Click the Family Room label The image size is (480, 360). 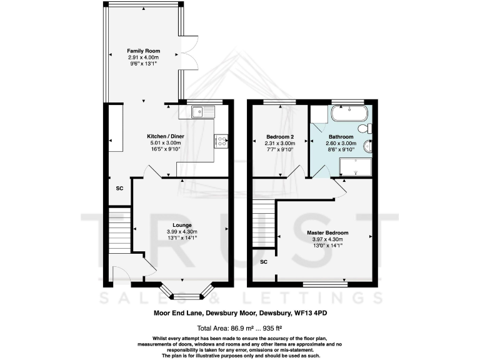coord(144,51)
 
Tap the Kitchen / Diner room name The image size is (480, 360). coord(164,136)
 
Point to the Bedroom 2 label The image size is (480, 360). coord(279,137)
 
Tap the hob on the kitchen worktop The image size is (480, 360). coord(222,142)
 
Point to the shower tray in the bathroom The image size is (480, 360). coord(355,166)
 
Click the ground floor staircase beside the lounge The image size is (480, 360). coord(119,229)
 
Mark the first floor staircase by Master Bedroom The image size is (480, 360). coord(263,224)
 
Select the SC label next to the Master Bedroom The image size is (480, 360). coord(263,261)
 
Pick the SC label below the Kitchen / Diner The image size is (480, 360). coord(119,187)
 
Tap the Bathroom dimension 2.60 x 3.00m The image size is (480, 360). coord(342,143)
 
